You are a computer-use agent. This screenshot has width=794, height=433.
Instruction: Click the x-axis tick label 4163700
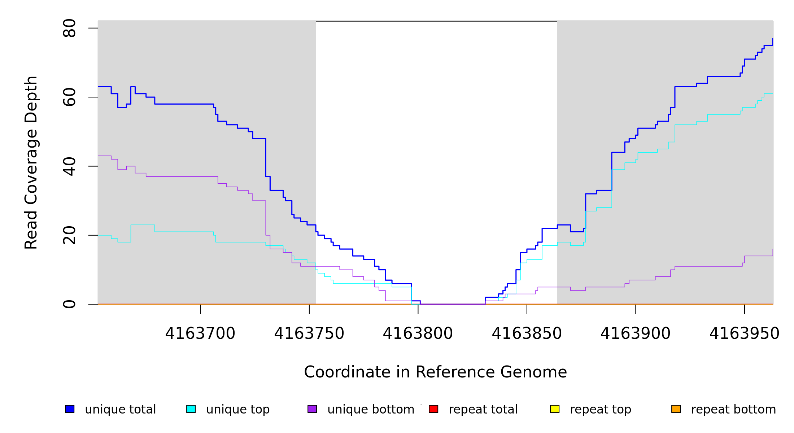tap(200, 334)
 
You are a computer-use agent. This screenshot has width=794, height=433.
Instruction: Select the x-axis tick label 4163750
tap(309, 334)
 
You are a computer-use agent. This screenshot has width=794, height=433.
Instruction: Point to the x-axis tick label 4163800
tap(418, 334)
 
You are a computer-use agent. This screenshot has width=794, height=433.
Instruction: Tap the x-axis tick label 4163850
tap(527, 334)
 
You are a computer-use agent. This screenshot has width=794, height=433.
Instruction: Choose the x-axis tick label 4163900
tap(636, 334)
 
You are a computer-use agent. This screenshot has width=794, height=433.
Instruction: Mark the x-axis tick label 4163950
tap(744, 334)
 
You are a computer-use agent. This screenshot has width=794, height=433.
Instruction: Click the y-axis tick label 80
tap(69, 28)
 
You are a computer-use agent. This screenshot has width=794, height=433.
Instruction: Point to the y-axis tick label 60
tap(69, 97)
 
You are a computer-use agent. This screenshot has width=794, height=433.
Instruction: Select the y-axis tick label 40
tap(69, 166)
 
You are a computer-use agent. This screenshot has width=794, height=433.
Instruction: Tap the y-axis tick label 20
tap(69, 235)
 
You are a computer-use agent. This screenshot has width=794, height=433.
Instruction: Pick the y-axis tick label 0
tap(69, 304)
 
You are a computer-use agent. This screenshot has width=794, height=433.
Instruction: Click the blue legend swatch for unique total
tap(70, 409)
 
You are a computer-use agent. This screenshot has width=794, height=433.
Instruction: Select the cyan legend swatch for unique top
tap(191, 409)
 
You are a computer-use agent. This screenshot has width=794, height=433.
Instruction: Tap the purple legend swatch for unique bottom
tap(312, 409)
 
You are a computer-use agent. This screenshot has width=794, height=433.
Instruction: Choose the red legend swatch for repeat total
tap(433, 409)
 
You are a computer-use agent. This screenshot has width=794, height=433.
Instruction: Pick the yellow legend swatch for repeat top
tap(555, 409)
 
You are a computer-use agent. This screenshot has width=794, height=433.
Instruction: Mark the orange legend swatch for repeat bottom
tap(676, 409)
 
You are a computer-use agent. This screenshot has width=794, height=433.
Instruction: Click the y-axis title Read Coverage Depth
tap(31, 162)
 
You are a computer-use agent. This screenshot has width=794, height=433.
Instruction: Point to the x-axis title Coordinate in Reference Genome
tap(435, 372)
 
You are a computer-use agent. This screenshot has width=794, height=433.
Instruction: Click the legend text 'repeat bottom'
tap(733, 410)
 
